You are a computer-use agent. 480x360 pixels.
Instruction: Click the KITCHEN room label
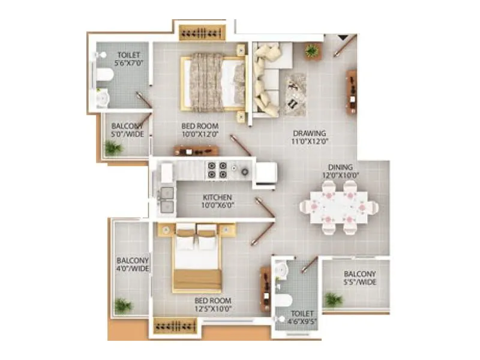coord(217,198)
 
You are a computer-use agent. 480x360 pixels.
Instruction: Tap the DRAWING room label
coord(309,133)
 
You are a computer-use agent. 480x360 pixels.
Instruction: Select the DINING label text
coord(340,167)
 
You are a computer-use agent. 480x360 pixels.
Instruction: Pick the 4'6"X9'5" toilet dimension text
coord(302,322)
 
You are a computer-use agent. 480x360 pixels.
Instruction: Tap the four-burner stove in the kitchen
coord(217,170)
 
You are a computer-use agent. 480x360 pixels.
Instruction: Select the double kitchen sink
coord(166,200)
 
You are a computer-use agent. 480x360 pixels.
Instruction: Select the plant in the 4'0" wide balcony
coord(123,305)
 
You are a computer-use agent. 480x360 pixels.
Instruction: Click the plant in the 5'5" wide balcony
coord(332,299)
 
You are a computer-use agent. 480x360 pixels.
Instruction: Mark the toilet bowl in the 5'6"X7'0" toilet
coord(104,74)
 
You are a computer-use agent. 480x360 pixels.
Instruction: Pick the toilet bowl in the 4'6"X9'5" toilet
coord(284,301)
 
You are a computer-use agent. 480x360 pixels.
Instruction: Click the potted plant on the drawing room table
coord(312,51)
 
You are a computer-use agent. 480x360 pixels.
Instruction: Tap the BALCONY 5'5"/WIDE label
coord(361,277)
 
